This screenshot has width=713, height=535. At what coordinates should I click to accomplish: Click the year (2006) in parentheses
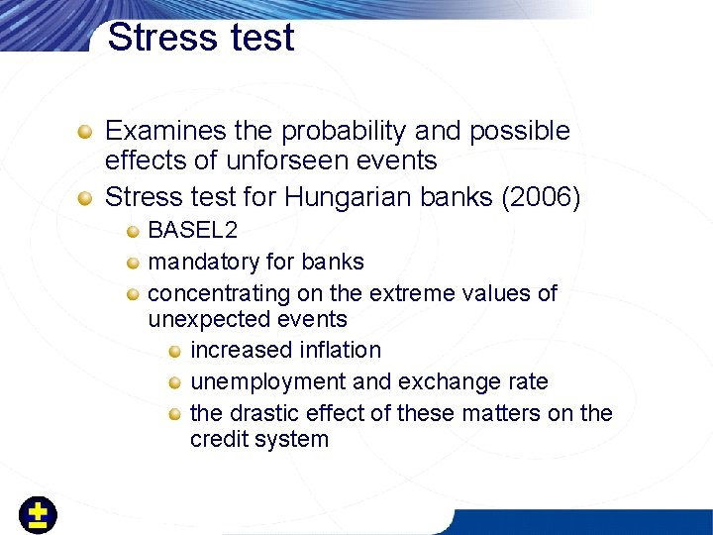(542, 197)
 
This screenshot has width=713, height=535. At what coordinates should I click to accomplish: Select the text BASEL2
(192, 231)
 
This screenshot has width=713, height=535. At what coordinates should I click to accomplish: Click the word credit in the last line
(220, 439)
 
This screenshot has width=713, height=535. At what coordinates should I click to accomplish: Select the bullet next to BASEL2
(132, 232)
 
